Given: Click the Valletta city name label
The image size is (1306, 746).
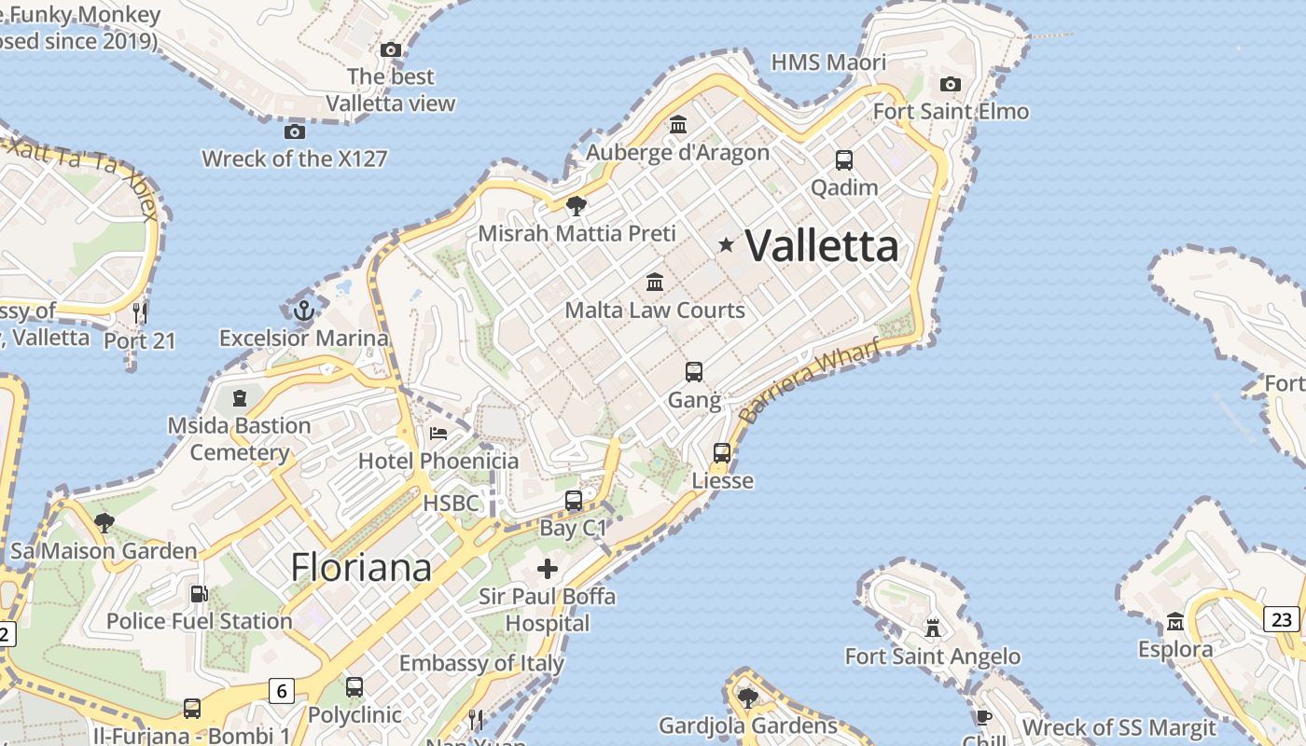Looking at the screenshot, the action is (x=822, y=246).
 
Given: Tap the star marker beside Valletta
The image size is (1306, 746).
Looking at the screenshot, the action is (x=726, y=244).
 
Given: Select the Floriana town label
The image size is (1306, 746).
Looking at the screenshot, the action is (x=361, y=567).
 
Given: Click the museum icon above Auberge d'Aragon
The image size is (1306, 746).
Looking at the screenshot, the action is (x=678, y=124).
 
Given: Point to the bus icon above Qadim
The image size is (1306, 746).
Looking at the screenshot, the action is (x=844, y=159).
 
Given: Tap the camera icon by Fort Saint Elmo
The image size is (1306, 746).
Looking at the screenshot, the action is (x=951, y=85).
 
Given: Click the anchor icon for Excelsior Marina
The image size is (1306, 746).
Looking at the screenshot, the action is (x=303, y=311).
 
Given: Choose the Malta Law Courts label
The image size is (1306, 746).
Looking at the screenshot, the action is (x=655, y=310).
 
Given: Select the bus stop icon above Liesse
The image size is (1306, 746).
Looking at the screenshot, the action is (x=722, y=453).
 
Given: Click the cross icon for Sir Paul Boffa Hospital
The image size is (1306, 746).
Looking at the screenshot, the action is (x=548, y=568).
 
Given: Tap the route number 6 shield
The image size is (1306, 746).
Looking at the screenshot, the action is (x=282, y=691).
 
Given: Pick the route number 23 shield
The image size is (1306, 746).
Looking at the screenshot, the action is (x=1282, y=619).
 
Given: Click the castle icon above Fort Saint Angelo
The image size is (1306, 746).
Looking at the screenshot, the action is (x=932, y=628).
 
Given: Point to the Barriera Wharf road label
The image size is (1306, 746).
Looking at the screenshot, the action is (x=809, y=382).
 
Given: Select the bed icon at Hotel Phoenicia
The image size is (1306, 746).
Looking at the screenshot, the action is (x=438, y=434).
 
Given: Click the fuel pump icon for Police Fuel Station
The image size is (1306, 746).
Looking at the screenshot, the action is (x=199, y=593).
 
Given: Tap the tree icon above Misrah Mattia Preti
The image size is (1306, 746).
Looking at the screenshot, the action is (x=577, y=205).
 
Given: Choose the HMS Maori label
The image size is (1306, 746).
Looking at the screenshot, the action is (x=828, y=62).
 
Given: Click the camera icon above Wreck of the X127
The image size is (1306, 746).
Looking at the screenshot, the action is (x=295, y=131).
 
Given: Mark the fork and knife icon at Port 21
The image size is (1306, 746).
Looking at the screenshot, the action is (x=140, y=312).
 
